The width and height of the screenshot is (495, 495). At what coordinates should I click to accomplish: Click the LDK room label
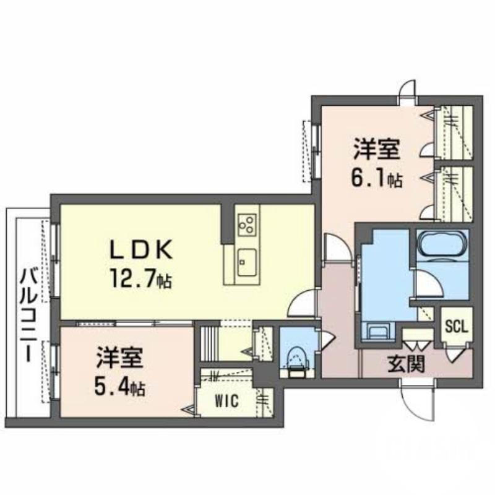[141, 249]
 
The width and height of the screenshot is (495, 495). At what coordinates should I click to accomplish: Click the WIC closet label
[226, 401]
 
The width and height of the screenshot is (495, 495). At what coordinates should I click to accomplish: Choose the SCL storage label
[457, 327]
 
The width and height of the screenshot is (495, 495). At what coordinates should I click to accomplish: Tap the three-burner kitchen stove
[247, 225]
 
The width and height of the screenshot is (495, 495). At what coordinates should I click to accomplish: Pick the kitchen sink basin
[247, 262]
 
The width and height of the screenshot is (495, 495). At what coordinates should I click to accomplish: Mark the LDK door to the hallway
[301, 304]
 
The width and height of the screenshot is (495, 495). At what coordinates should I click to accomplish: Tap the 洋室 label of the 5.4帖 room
[120, 358]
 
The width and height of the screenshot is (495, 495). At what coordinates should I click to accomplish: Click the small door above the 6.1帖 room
[407, 90]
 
